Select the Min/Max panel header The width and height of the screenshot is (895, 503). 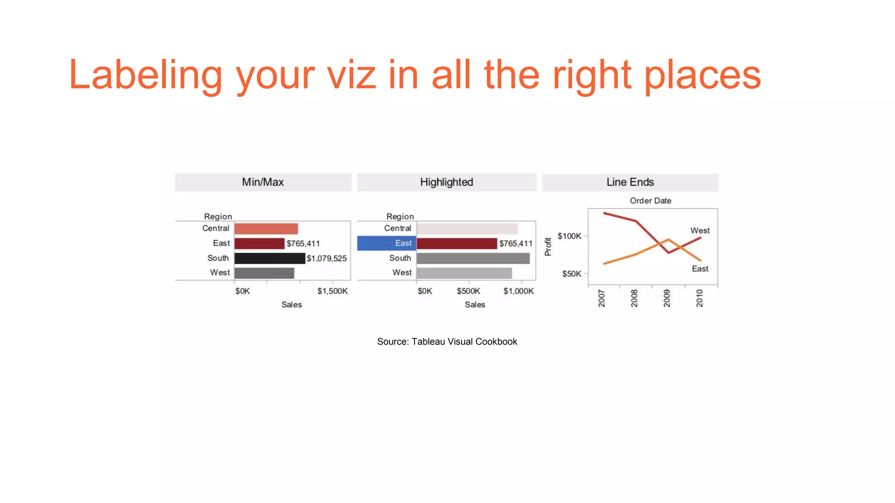[x=263, y=182]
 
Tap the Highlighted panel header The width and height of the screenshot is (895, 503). [x=446, y=182]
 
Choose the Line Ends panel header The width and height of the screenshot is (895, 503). [x=630, y=182]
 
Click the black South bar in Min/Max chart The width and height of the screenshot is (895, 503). [x=269, y=258]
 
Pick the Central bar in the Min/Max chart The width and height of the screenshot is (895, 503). [x=266, y=228]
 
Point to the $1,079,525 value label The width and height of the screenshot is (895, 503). [x=326, y=258]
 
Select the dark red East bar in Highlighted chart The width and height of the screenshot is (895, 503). [x=457, y=243]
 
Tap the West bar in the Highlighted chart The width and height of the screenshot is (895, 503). [x=464, y=273]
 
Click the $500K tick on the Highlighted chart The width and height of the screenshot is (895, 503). [x=468, y=291]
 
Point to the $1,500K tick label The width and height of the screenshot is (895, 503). [x=332, y=291]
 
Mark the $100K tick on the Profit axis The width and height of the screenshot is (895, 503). [x=569, y=236]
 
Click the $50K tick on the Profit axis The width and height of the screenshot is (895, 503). [x=572, y=274]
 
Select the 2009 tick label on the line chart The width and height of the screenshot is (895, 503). [x=667, y=298]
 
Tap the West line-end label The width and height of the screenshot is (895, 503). [x=700, y=231]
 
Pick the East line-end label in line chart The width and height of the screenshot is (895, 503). [x=700, y=269]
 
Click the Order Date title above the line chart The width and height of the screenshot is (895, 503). [x=650, y=201]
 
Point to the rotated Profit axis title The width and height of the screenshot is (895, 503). [x=548, y=247]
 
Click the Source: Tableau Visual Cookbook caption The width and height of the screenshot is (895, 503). [x=447, y=341]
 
